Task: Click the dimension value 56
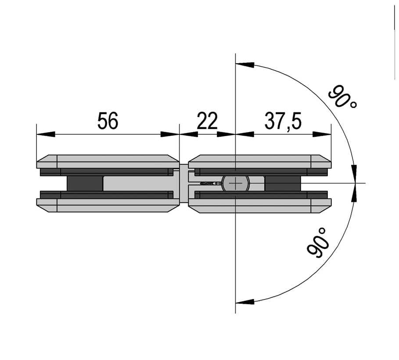pos(108,121)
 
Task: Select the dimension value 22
pos(207,121)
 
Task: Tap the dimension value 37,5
pos(283,121)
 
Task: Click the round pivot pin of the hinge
pos(235,183)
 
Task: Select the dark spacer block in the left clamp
pos(85,183)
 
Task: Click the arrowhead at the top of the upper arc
pos(245,65)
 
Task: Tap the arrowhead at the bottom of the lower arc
pos(245,301)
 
